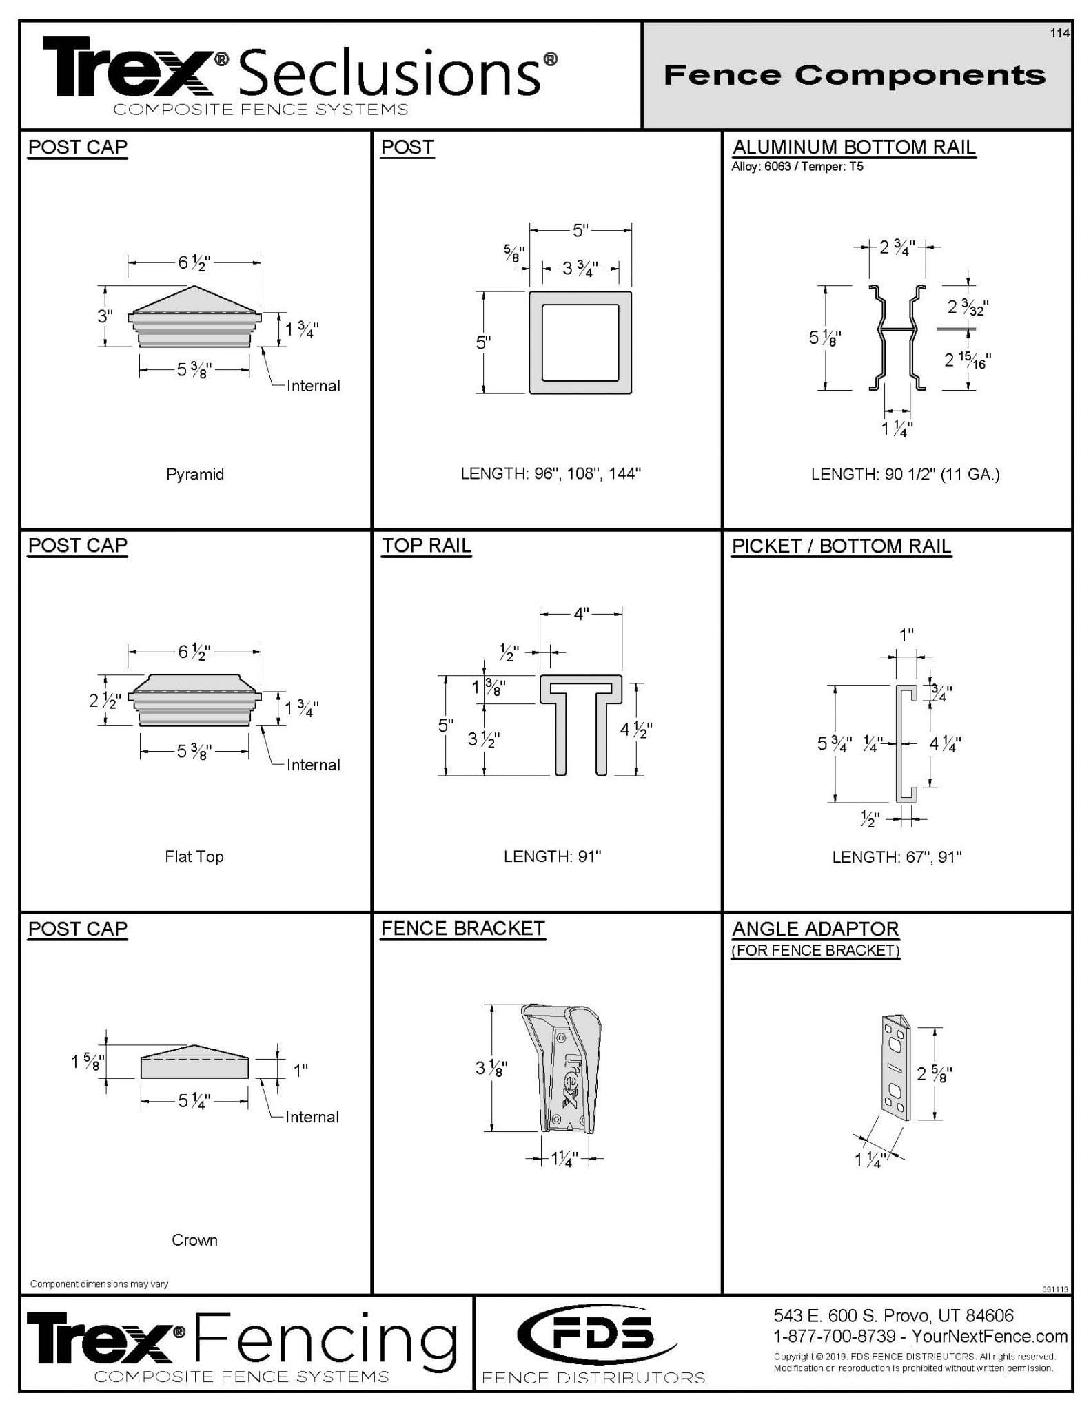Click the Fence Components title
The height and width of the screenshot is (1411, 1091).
coord(854,74)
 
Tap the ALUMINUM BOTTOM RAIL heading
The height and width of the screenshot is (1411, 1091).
coord(853,147)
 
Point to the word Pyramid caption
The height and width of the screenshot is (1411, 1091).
coord(195,474)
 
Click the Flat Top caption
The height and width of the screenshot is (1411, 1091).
coord(194,856)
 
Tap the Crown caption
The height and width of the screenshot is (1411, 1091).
coord(194,1240)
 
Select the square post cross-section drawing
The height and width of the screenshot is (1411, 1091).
coord(580,342)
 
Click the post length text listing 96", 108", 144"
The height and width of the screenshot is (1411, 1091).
coord(551,474)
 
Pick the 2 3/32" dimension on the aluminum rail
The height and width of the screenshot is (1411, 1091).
coord(968,307)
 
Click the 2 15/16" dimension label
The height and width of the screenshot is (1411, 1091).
coord(968,360)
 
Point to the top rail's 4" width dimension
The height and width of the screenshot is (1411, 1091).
coord(581,614)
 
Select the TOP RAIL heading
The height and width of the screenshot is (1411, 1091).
coord(427,546)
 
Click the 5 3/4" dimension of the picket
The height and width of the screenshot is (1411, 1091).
coord(834,743)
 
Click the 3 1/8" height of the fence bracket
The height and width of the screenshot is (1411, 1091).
coord(491,1069)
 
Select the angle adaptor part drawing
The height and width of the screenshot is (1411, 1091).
coord(897,1067)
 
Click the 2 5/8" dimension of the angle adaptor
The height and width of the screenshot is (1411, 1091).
coord(935,1073)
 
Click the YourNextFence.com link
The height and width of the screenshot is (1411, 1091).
coord(990,1337)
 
